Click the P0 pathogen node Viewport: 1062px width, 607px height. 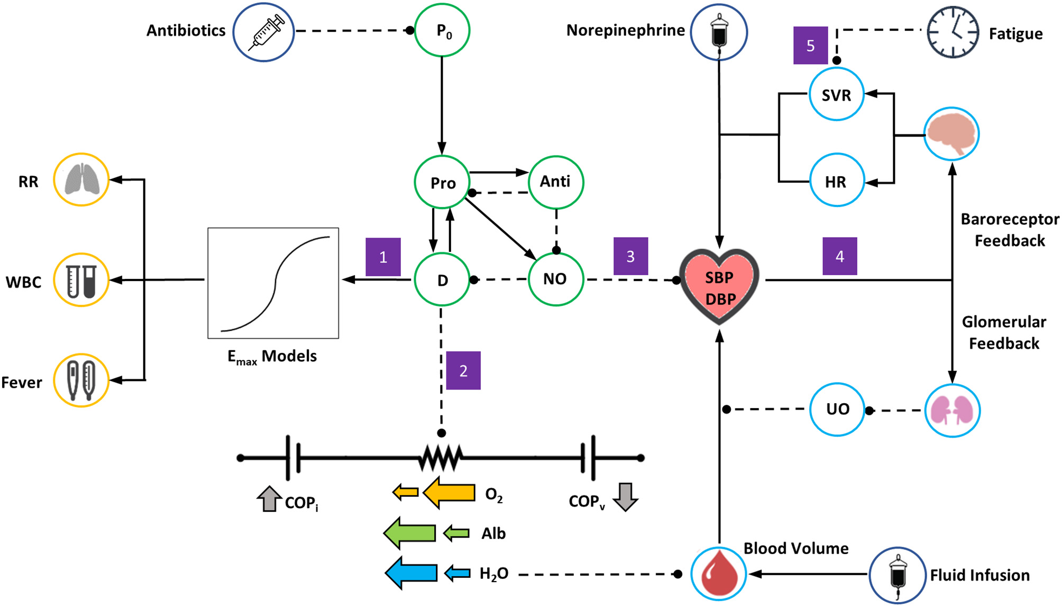click(442, 31)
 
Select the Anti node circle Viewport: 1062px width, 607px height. click(555, 182)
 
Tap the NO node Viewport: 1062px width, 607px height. click(555, 279)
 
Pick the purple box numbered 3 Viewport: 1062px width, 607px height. click(630, 257)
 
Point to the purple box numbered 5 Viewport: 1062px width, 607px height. click(810, 46)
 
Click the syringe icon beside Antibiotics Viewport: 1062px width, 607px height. click(263, 32)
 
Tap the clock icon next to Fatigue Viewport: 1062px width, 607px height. click(953, 32)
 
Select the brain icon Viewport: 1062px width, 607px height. click(951, 134)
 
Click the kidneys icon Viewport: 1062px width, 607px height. click(952, 410)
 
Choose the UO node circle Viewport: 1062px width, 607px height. click(837, 409)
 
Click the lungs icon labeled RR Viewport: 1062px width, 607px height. click(81, 180)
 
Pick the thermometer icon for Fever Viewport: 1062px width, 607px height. click(81, 380)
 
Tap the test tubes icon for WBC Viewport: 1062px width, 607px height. click(81, 280)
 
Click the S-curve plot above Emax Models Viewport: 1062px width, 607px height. click(273, 283)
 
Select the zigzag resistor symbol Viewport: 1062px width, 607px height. click(441, 458)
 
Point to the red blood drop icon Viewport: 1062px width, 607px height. click(718, 574)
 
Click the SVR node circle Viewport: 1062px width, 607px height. click(836, 95)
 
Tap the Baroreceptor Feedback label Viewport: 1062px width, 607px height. click(1010, 230)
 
